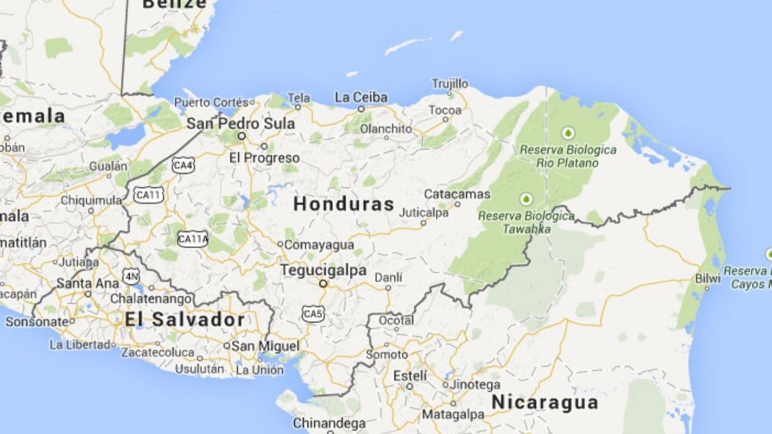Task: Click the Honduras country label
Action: pos(343,204)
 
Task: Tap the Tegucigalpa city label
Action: pos(323,271)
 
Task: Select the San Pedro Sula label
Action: pos(241,124)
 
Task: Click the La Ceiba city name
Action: pos(361,97)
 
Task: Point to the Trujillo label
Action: pos(450,83)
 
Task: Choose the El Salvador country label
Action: pos(185,319)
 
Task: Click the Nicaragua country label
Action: pos(545,402)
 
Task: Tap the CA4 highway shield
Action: pos(183,165)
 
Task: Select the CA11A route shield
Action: pos(193,239)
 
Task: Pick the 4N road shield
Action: pos(130,276)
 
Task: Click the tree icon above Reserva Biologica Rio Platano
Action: pos(568,133)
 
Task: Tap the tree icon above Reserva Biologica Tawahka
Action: pos(527,199)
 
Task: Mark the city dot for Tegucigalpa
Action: pos(323,283)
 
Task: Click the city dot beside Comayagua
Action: pos(280,244)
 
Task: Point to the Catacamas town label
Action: pos(457,194)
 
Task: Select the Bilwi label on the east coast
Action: pos(707,278)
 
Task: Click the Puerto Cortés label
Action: pos(211,102)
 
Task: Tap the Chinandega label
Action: pos(329,423)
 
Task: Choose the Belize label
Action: pos(174,4)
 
